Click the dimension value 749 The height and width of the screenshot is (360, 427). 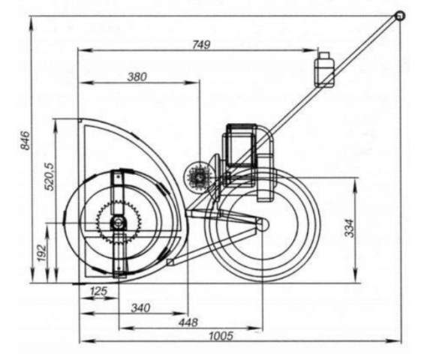201,44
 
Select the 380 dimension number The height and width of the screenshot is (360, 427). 137,77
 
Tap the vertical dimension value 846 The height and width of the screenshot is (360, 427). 26,140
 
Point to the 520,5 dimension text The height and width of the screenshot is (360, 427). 50,177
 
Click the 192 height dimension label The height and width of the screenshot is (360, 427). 41,253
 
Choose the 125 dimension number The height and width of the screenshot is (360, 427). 98,292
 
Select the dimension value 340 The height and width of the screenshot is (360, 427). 140,308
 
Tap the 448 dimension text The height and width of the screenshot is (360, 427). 188,322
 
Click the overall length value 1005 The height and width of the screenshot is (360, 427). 221,336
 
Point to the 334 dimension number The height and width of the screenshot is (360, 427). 350,228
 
